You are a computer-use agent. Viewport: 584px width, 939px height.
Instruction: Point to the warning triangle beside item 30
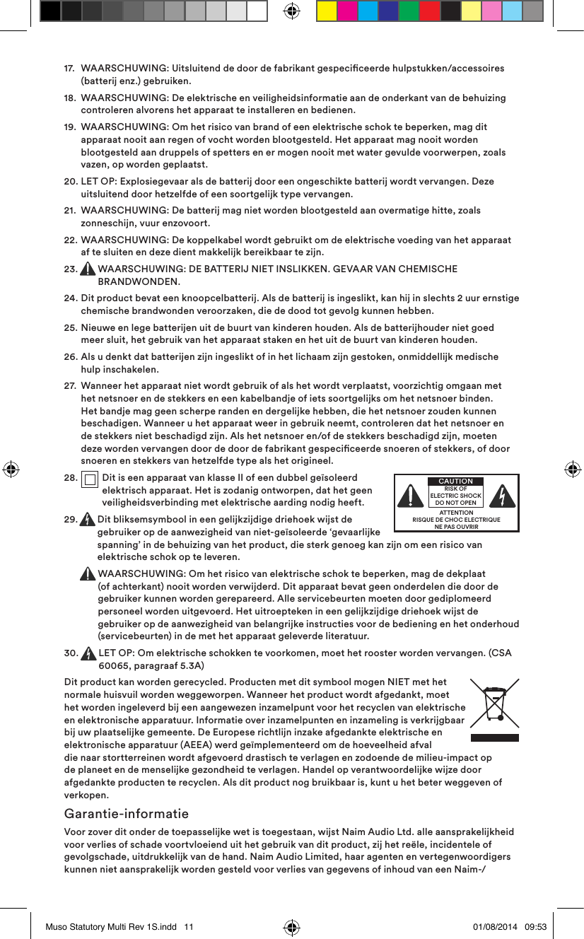88,654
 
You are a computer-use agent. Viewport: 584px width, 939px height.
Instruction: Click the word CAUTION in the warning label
455,482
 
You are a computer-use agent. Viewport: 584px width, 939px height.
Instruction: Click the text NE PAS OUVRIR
456,527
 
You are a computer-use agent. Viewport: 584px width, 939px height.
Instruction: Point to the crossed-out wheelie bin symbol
494,704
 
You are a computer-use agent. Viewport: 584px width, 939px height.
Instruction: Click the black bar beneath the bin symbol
494,737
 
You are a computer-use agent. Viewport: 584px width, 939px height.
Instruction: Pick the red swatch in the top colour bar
429,11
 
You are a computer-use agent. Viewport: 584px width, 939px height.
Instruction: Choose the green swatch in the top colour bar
409,11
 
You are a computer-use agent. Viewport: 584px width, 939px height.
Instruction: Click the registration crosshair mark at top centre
291,11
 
